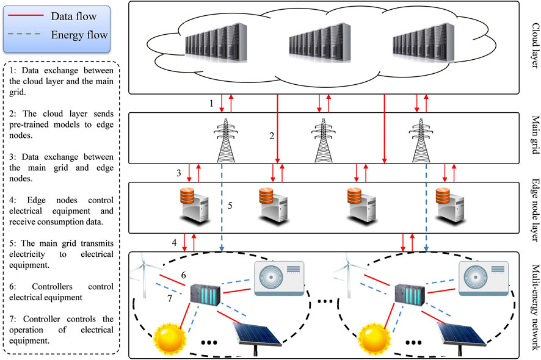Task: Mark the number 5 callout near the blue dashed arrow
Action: pos(230,206)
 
